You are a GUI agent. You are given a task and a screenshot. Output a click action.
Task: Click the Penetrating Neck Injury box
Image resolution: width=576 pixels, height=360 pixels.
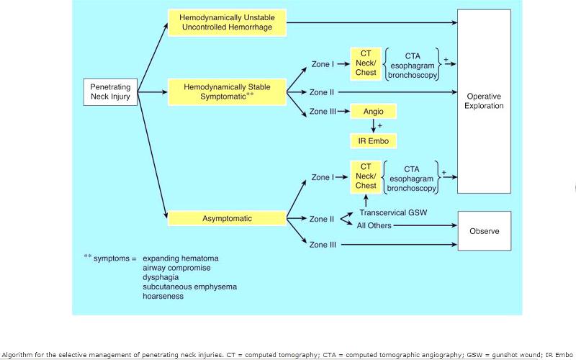coord(110,92)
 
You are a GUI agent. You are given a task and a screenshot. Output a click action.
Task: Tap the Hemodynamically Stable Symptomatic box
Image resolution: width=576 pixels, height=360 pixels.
coord(227,91)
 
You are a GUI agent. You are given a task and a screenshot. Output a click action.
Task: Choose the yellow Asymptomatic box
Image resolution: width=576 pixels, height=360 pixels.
coord(227,217)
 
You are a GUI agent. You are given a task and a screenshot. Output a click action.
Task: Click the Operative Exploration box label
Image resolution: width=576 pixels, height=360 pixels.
coord(484,101)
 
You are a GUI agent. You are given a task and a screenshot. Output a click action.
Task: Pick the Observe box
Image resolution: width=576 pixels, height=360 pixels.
coord(484,231)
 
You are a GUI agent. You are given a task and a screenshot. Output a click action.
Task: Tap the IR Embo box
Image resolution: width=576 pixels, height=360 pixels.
coord(373,140)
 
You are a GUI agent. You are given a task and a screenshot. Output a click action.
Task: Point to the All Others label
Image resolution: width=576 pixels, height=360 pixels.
coord(375,225)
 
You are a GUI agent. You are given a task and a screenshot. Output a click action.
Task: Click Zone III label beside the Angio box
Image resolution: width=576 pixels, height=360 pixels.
coord(323,112)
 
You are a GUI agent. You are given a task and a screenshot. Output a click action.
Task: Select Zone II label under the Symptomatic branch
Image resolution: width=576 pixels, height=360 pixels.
coord(321,92)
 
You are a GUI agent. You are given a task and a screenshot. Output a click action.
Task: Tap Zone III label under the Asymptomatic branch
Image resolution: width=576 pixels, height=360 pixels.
coord(323,245)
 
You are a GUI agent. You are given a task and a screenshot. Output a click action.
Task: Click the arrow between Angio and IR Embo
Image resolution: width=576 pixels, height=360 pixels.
coord(373,127)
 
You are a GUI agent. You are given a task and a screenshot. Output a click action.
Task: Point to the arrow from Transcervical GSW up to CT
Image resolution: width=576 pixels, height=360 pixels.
coord(366,200)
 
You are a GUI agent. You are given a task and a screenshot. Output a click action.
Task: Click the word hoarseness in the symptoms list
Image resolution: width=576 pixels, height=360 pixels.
coord(164,296)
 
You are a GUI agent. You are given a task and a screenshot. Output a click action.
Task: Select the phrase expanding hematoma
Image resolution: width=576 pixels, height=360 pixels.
coord(181,258)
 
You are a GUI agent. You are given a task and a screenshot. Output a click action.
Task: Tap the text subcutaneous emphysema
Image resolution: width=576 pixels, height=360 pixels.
coord(189,287)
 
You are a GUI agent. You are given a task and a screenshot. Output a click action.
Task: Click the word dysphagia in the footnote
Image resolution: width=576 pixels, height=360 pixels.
coord(162,276)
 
